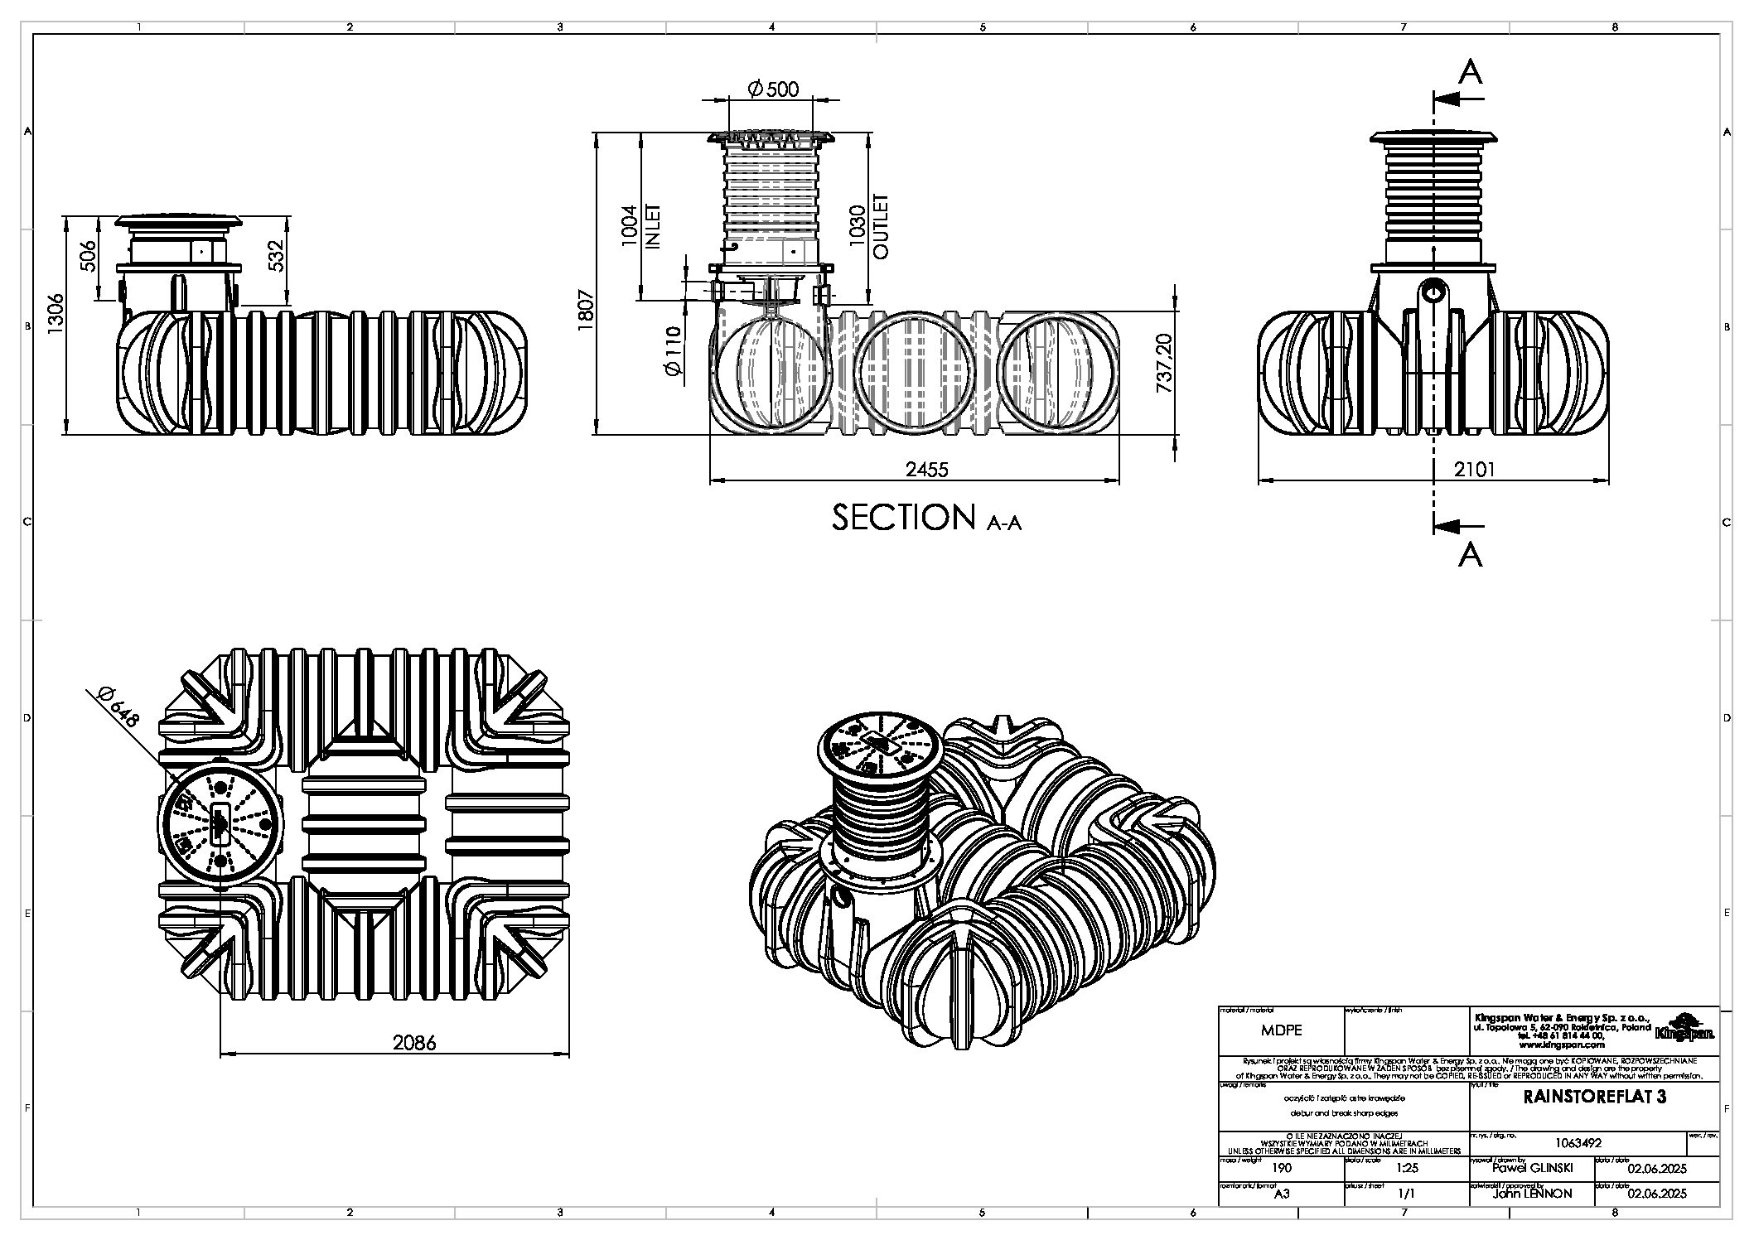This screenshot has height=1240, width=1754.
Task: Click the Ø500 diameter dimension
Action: pyautogui.click(x=773, y=89)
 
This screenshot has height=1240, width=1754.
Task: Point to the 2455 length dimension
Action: pyautogui.click(x=926, y=470)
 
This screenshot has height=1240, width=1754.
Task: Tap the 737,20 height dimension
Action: pyautogui.click(x=1164, y=364)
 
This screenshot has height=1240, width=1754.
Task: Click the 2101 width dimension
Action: pyautogui.click(x=1475, y=470)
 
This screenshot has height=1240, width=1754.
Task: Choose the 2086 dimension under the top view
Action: pyautogui.click(x=414, y=1043)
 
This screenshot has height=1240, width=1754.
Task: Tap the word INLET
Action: pyautogui.click(x=652, y=226)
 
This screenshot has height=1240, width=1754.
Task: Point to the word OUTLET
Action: pyautogui.click(x=880, y=226)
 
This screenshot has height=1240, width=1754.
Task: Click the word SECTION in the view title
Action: pyautogui.click(x=904, y=518)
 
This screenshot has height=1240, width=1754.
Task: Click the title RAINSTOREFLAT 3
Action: pyautogui.click(x=1595, y=1098)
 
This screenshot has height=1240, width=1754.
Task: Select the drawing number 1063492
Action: pyautogui.click(x=1578, y=1142)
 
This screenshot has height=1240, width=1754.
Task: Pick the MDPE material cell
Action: pyautogui.click(x=1281, y=1030)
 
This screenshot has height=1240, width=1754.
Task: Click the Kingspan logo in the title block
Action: pyautogui.click(x=1684, y=1028)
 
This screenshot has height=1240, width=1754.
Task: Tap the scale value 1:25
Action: pyautogui.click(x=1406, y=1169)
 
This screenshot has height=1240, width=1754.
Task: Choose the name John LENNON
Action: pyautogui.click(x=1531, y=1194)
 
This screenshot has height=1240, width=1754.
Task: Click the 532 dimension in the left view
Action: pyautogui.click(x=277, y=256)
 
